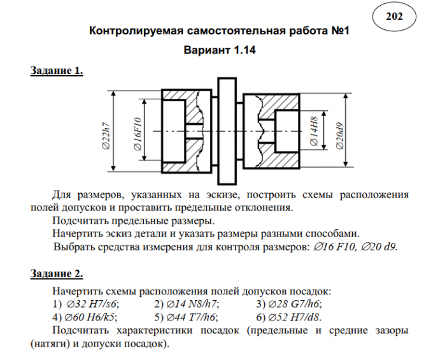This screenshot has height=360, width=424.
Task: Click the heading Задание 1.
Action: point(57,71)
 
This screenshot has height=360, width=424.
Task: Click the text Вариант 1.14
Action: point(219,50)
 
